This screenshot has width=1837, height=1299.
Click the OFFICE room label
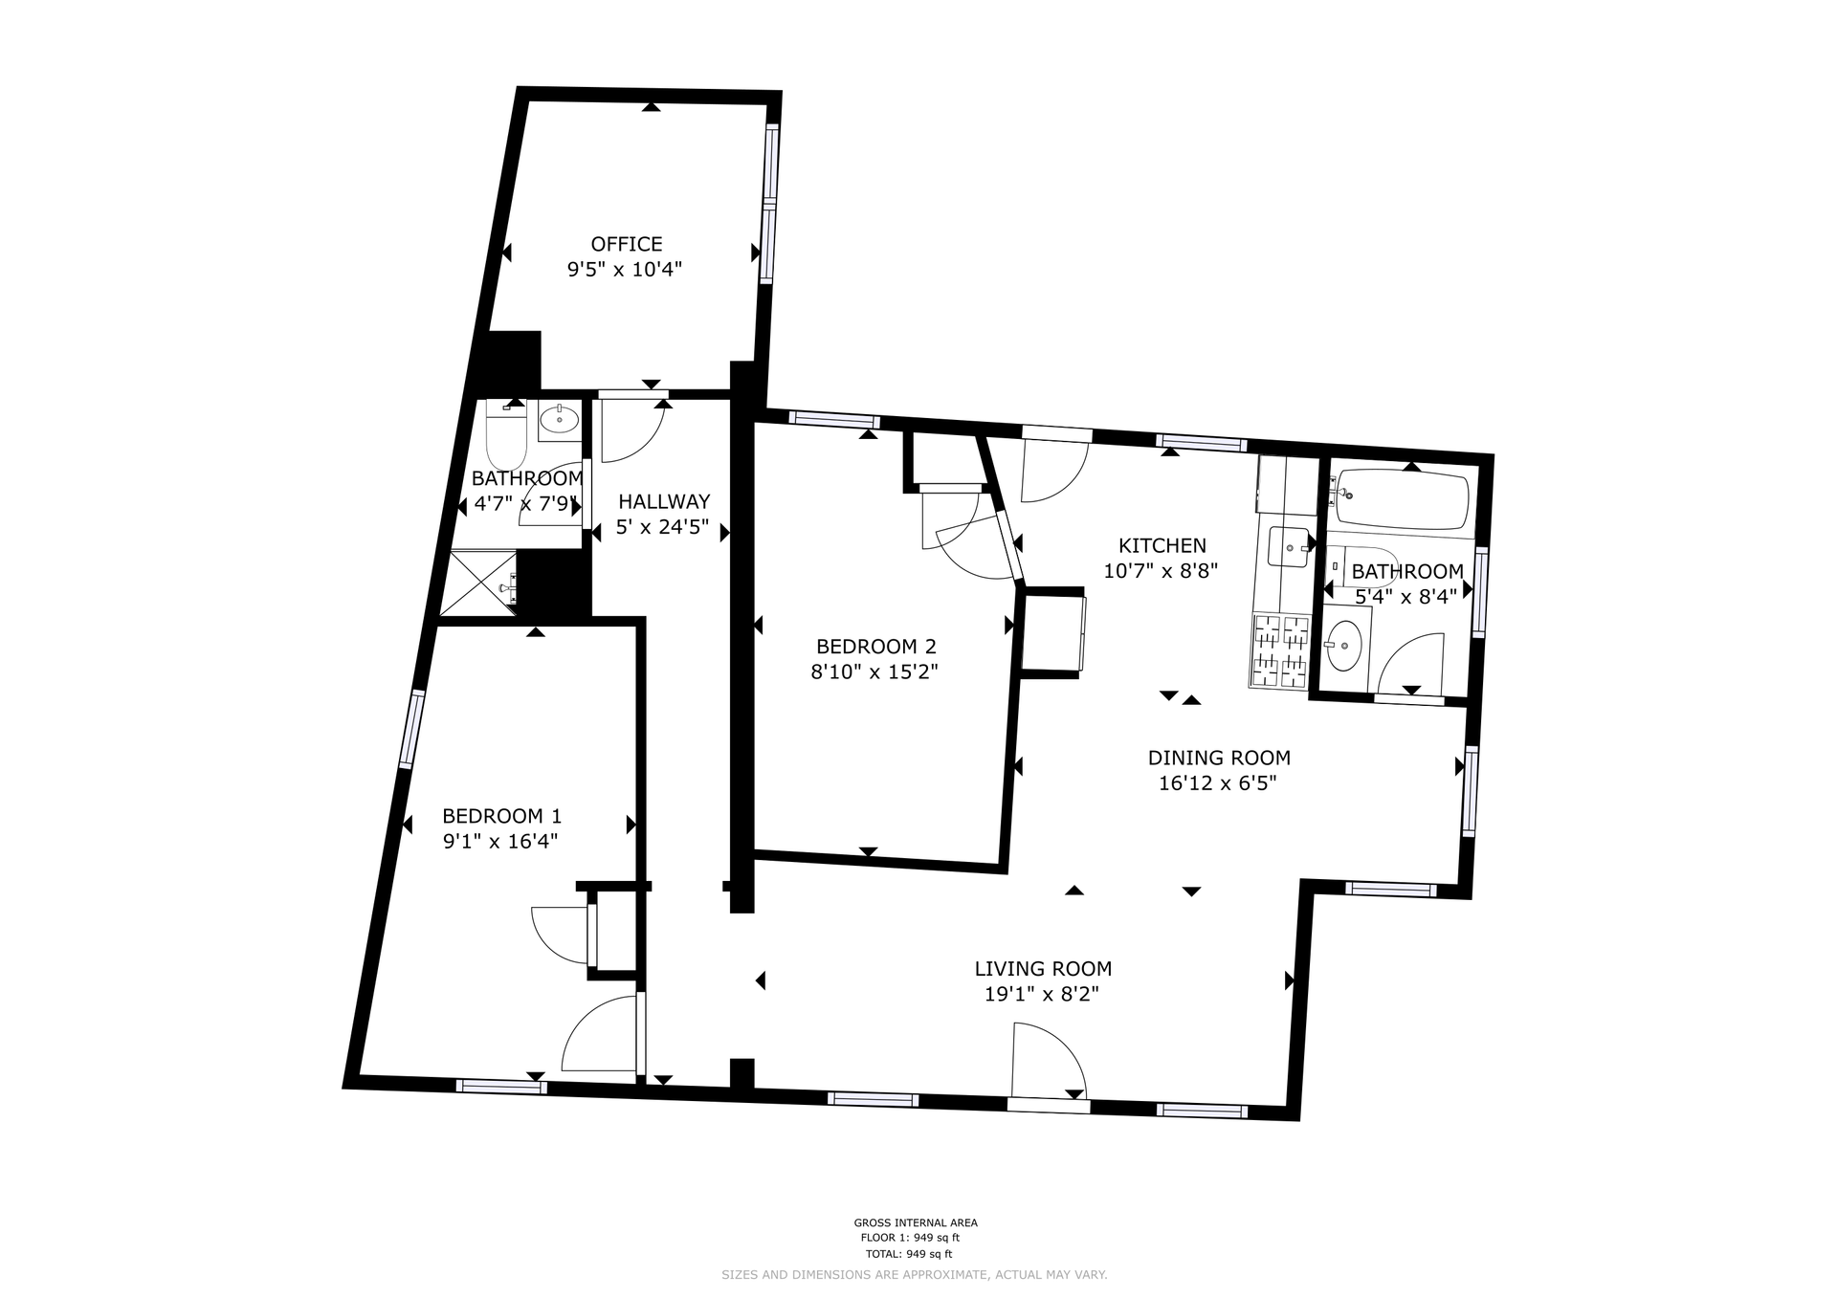coord(627,244)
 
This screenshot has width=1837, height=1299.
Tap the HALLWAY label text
coord(664,501)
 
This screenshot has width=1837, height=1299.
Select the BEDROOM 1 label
coord(501,816)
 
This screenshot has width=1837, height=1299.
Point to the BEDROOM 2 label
coord(875,647)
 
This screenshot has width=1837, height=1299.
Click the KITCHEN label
coord(1162,546)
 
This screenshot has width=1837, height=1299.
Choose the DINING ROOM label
coord(1219,759)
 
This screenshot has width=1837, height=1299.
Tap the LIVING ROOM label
coord(1043,969)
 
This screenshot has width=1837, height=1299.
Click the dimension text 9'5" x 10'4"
coord(625,270)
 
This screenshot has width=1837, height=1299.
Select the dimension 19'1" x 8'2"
coord(1042,995)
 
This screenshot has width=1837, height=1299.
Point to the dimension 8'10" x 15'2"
coord(874,672)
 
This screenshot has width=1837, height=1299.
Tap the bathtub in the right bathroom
coord(1403,498)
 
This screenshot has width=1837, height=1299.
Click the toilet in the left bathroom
coord(506,437)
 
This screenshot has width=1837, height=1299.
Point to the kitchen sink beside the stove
coord(1290,548)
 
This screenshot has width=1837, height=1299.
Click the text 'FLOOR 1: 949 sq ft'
coord(910,1238)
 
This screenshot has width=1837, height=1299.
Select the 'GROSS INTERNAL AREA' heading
coord(916,1222)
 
